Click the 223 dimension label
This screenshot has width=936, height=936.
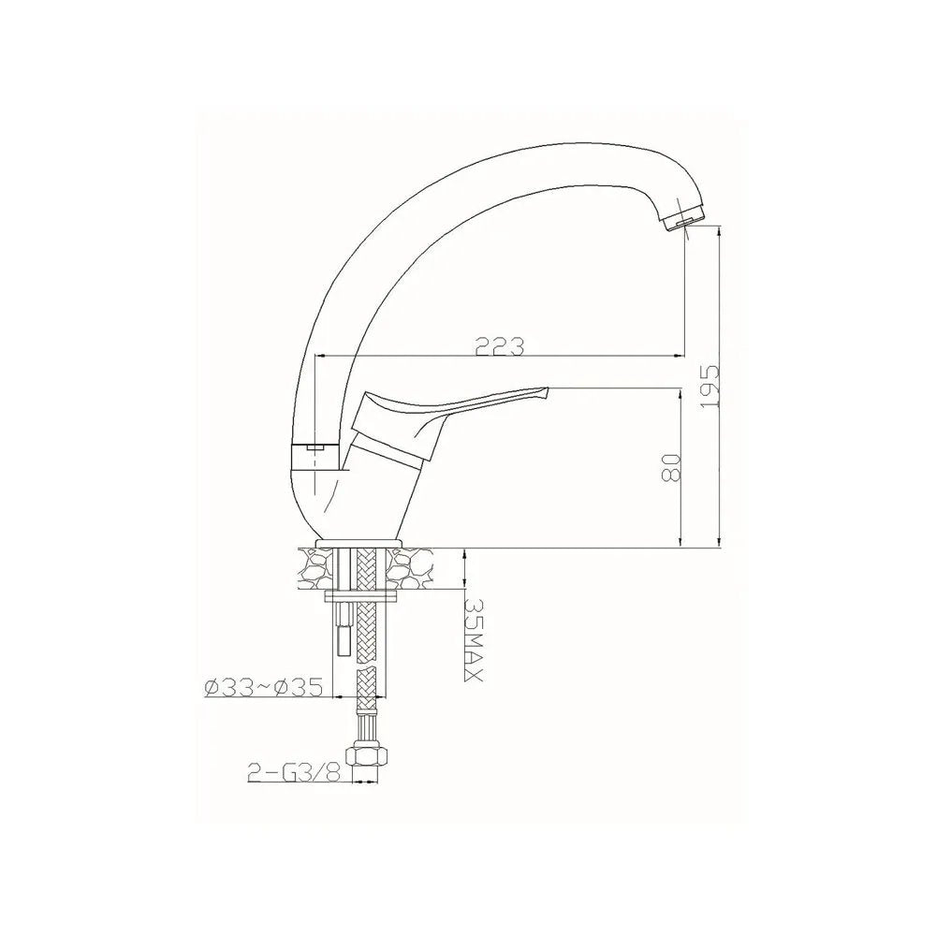[x=499, y=346]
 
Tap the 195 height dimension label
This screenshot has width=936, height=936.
[x=709, y=387]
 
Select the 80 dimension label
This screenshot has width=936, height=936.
[x=671, y=467]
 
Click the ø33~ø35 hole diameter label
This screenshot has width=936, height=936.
[x=263, y=687]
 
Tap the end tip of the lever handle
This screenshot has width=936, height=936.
[x=545, y=391]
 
